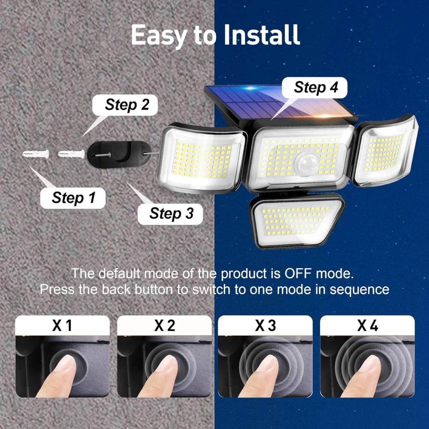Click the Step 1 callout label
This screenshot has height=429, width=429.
[73, 198]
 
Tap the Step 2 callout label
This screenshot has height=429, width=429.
[127, 105]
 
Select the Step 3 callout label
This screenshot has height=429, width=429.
[171, 213]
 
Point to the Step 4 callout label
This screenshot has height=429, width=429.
[316, 88]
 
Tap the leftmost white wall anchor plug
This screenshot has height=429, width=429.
[36, 154]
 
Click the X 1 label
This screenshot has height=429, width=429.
[62, 326]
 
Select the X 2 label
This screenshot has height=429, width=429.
[164, 326]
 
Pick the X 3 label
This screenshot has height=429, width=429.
[266, 326]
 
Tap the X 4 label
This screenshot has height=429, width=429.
[367, 326]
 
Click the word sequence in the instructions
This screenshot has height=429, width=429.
[359, 289]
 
